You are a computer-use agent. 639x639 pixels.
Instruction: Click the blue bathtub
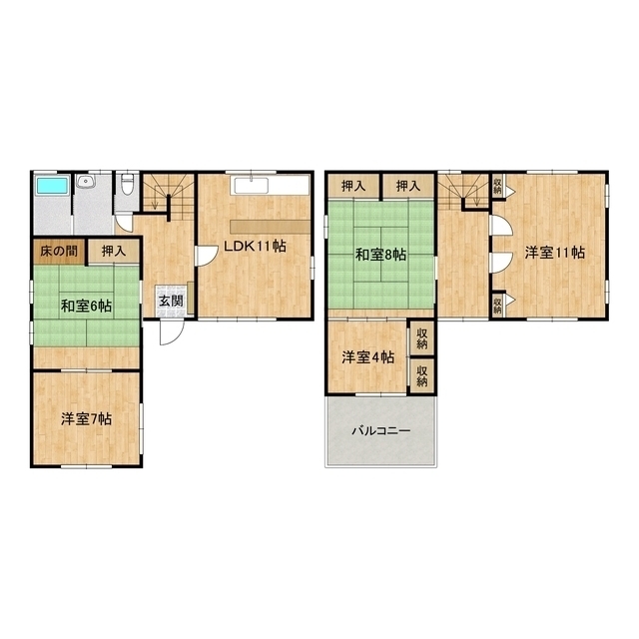tap(52, 187)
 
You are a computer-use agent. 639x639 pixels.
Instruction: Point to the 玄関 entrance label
tap(171, 302)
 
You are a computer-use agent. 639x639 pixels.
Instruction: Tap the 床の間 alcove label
tap(59, 251)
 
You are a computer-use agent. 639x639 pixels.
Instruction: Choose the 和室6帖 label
tap(86, 306)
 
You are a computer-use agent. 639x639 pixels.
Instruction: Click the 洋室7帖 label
tap(87, 419)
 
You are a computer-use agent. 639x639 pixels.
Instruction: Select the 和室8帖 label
tap(380, 256)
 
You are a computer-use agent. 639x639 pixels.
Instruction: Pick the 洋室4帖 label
tap(368, 357)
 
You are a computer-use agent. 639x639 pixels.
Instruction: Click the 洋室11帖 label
tap(555, 253)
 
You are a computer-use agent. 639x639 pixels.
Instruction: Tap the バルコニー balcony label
tap(381, 430)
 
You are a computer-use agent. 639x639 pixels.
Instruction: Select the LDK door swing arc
tap(209, 256)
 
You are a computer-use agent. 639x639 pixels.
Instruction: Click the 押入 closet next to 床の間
tap(114, 251)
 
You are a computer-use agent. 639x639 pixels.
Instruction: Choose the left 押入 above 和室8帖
tap(353, 187)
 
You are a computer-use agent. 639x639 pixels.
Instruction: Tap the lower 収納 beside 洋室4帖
tap(421, 375)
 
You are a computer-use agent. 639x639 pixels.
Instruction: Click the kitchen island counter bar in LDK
tap(271, 227)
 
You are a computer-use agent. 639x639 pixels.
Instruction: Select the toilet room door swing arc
tap(123, 223)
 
